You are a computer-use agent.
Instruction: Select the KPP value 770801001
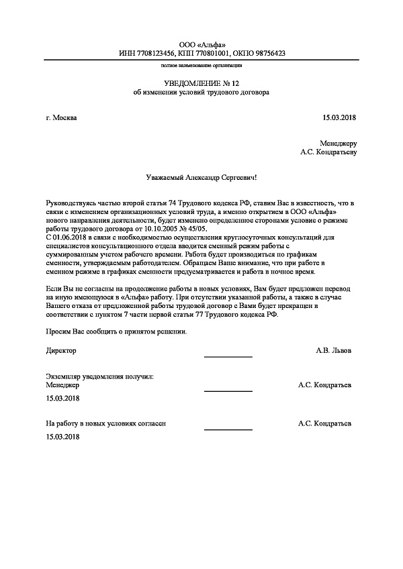pos(213,53)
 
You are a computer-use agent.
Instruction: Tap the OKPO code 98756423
pos(267,53)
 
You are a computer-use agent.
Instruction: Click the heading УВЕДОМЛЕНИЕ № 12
pos(201,83)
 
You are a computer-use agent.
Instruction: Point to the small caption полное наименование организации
pos(201,66)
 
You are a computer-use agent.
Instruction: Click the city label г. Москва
pos(61,118)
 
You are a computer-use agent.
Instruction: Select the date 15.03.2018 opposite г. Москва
pos(340,118)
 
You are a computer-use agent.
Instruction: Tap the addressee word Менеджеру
pos(339,143)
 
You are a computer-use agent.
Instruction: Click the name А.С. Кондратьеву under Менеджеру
pos(328,152)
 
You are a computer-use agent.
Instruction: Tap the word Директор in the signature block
pos(61,350)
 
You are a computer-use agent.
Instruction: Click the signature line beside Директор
pos(228,356)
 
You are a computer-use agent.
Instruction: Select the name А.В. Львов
pos(332,350)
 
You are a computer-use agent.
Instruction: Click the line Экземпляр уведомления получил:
pos(99,376)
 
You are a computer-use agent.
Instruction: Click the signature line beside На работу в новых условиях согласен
pos(228,429)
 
